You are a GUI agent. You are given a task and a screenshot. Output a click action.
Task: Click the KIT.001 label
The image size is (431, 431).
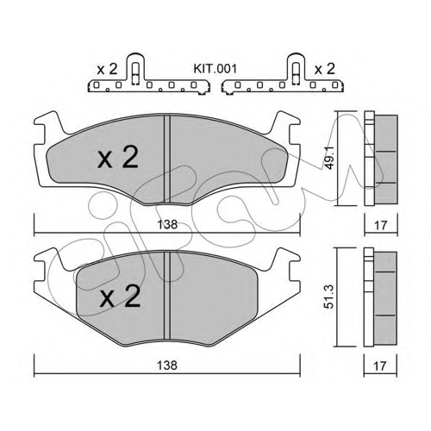tap(215, 69)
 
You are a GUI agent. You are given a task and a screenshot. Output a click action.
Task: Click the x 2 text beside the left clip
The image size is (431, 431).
tap(107, 70)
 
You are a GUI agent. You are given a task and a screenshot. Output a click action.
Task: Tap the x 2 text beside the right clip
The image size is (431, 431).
tap(325, 69)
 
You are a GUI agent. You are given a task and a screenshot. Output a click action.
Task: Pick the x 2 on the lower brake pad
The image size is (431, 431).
tap(120, 297)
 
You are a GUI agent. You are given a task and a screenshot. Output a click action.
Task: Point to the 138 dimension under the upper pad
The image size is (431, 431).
tap(167, 224)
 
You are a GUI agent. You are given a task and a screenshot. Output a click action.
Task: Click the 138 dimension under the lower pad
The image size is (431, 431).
tap(167, 365)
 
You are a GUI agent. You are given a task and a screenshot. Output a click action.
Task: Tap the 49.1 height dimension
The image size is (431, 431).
tap(329, 158)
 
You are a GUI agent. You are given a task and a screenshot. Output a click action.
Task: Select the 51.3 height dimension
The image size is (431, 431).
tap(329, 297)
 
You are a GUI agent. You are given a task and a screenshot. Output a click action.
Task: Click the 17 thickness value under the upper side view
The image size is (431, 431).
tap(381, 225)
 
